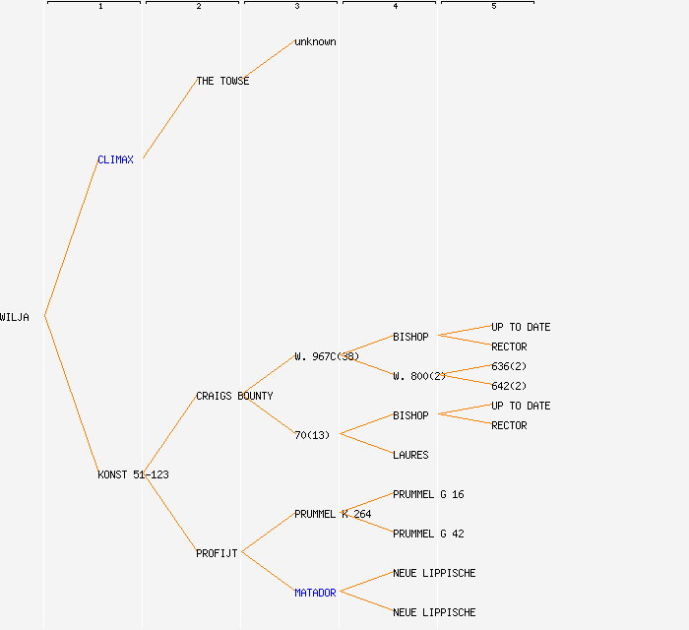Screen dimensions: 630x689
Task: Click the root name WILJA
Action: (x=15, y=317)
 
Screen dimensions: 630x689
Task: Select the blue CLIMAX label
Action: (x=115, y=159)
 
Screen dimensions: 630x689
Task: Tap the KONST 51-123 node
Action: (x=133, y=474)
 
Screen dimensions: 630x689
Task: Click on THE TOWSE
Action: (x=222, y=81)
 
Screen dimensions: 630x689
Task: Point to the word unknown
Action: (x=315, y=41)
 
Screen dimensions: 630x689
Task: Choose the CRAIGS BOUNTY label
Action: (x=234, y=396)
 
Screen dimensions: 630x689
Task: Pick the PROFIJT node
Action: (x=217, y=553)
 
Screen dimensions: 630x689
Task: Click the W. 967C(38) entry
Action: (x=327, y=356)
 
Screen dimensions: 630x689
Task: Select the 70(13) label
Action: (x=312, y=435)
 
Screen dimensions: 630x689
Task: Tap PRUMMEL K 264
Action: (x=333, y=514)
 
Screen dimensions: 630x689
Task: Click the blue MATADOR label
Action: (x=315, y=593)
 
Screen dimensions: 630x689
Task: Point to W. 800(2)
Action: (x=419, y=376)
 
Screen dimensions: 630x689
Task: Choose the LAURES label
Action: (x=410, y=455)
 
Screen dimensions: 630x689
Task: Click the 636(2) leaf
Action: (x=509, y=366)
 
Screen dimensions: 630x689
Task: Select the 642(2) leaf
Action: (x=509, y=386)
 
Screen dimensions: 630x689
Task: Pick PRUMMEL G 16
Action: (x=428, y=494)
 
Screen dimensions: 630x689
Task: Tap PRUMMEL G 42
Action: (x=428, y=534)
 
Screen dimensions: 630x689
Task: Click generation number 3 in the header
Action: (x=297, y=7)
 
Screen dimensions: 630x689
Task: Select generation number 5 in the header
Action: (x=494, y=7)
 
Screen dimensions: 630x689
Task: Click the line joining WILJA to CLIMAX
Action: (x=71, y=238)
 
